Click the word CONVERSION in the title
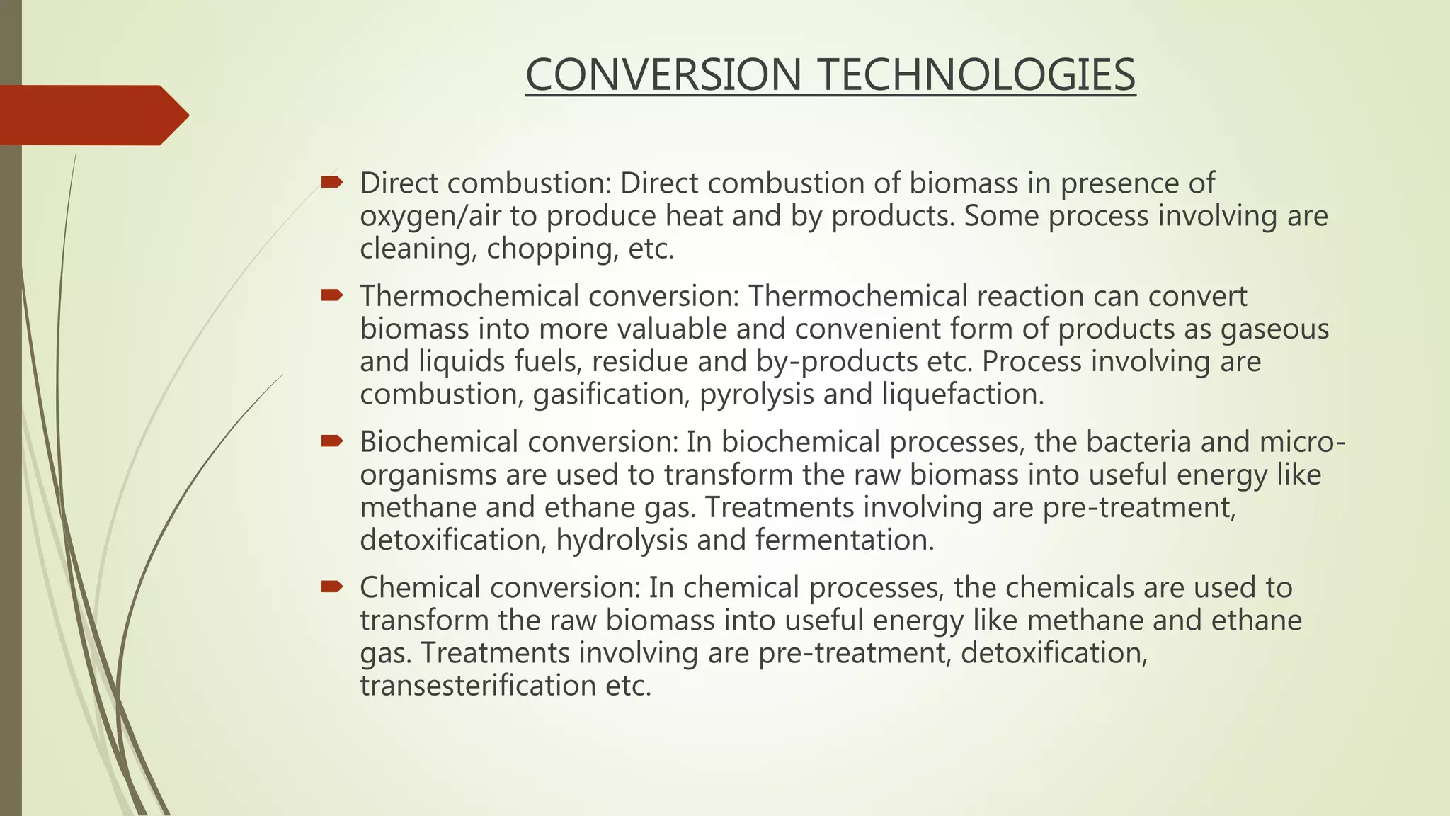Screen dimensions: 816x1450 [663, 75]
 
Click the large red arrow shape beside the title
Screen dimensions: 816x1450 [92, 115]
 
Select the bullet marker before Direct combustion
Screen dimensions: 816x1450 [331, 183]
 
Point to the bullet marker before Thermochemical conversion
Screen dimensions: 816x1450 [331, 295]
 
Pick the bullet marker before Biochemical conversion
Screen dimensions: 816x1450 [331, 441]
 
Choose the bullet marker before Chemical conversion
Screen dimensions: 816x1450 [331, 586]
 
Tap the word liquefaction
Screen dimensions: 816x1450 [963, 395]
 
